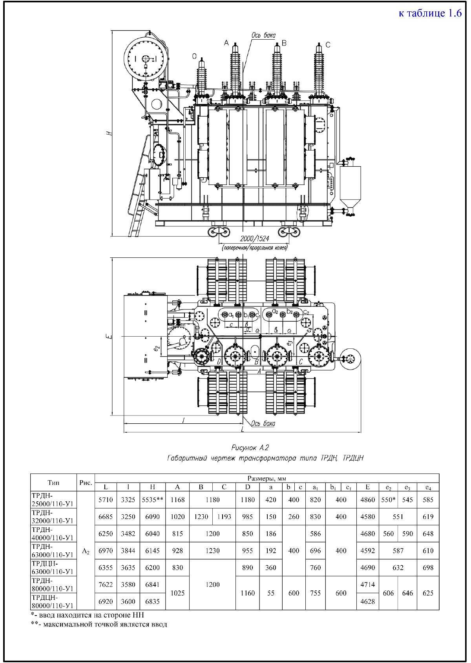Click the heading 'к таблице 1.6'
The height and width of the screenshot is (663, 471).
click(x=430, y=13)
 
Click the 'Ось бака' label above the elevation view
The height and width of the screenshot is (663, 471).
click(x=263, y=35)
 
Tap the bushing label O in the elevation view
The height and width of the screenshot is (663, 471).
click(x=194, y=57)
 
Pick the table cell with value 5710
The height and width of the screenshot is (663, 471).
click(x=106, y=500)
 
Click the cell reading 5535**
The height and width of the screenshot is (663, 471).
click(x=152, y=500)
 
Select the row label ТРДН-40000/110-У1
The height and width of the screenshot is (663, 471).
click(x=53, y=534)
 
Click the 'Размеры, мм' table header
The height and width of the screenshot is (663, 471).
click(x=267, y=479)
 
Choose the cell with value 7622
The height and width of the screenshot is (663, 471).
click(x=106, y=585)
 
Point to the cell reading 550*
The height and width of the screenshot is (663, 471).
click(x=388, y=500)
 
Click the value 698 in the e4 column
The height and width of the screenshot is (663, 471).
click(x=428, y=567)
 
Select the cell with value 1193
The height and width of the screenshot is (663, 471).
click(x=224, y=517)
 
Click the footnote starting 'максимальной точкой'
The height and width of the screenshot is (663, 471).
click(x=99, y=624)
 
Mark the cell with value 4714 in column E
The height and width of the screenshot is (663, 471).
click(x=367, y=585)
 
